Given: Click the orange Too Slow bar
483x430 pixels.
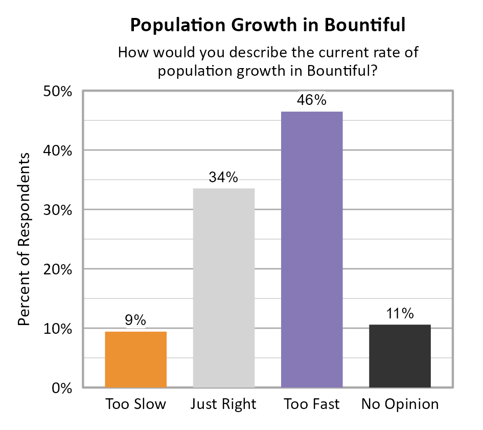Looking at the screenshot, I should click(x=135, y=359).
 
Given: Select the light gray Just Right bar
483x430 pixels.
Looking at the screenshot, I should click(x=223, y=288).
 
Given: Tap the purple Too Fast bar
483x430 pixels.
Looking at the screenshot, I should click(x=312, y=249).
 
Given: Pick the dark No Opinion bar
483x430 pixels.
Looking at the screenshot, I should click(x=400, y=356).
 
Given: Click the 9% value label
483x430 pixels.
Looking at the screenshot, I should click(x=135, y=321).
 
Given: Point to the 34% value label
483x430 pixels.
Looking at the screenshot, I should click(x=223, y=178).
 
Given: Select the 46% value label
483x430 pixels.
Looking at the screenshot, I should click(x=312, y=100).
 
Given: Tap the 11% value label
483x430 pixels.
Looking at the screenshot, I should click(x=400, y=314).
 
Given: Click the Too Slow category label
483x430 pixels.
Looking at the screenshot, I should click(x=135, y=404).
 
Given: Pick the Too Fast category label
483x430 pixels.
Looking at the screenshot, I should click(x=312, y=404).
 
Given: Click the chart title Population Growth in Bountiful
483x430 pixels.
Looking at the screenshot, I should click(x=267, y=25).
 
